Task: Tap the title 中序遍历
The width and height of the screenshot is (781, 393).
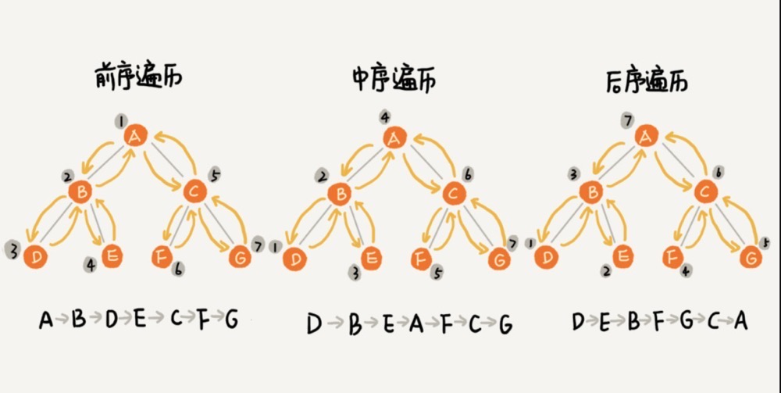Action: pos(393,80)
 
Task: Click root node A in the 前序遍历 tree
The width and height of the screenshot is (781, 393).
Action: pos(134,137)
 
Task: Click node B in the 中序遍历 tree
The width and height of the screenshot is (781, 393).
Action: pos(338,193)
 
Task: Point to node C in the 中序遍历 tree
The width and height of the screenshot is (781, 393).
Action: pos(453,192)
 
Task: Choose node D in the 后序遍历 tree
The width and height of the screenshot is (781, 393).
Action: pos(548,256)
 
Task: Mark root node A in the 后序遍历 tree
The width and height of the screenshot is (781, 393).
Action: pos(645,137)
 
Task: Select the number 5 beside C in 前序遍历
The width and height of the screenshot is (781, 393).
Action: pos(216,173)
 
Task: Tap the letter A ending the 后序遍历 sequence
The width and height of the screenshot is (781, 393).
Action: pos(740,320)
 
